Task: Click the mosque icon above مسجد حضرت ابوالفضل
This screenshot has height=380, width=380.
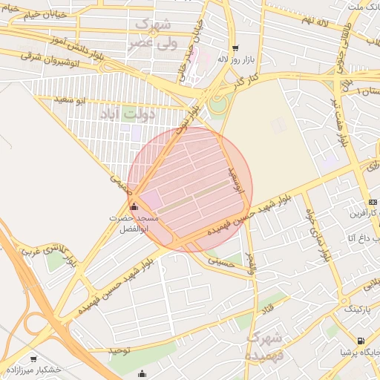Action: point(134,207)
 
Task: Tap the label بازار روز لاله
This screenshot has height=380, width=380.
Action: point(233,59)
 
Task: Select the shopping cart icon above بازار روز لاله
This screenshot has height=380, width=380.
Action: point(235,47)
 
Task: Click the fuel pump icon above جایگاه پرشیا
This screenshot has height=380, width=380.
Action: point(360,341)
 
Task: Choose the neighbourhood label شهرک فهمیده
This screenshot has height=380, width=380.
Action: point(265,346)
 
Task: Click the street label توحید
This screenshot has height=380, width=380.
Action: point(119,349)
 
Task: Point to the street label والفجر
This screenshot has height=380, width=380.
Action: point(250,263)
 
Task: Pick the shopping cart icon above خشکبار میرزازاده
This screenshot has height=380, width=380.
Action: point(33,358)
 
